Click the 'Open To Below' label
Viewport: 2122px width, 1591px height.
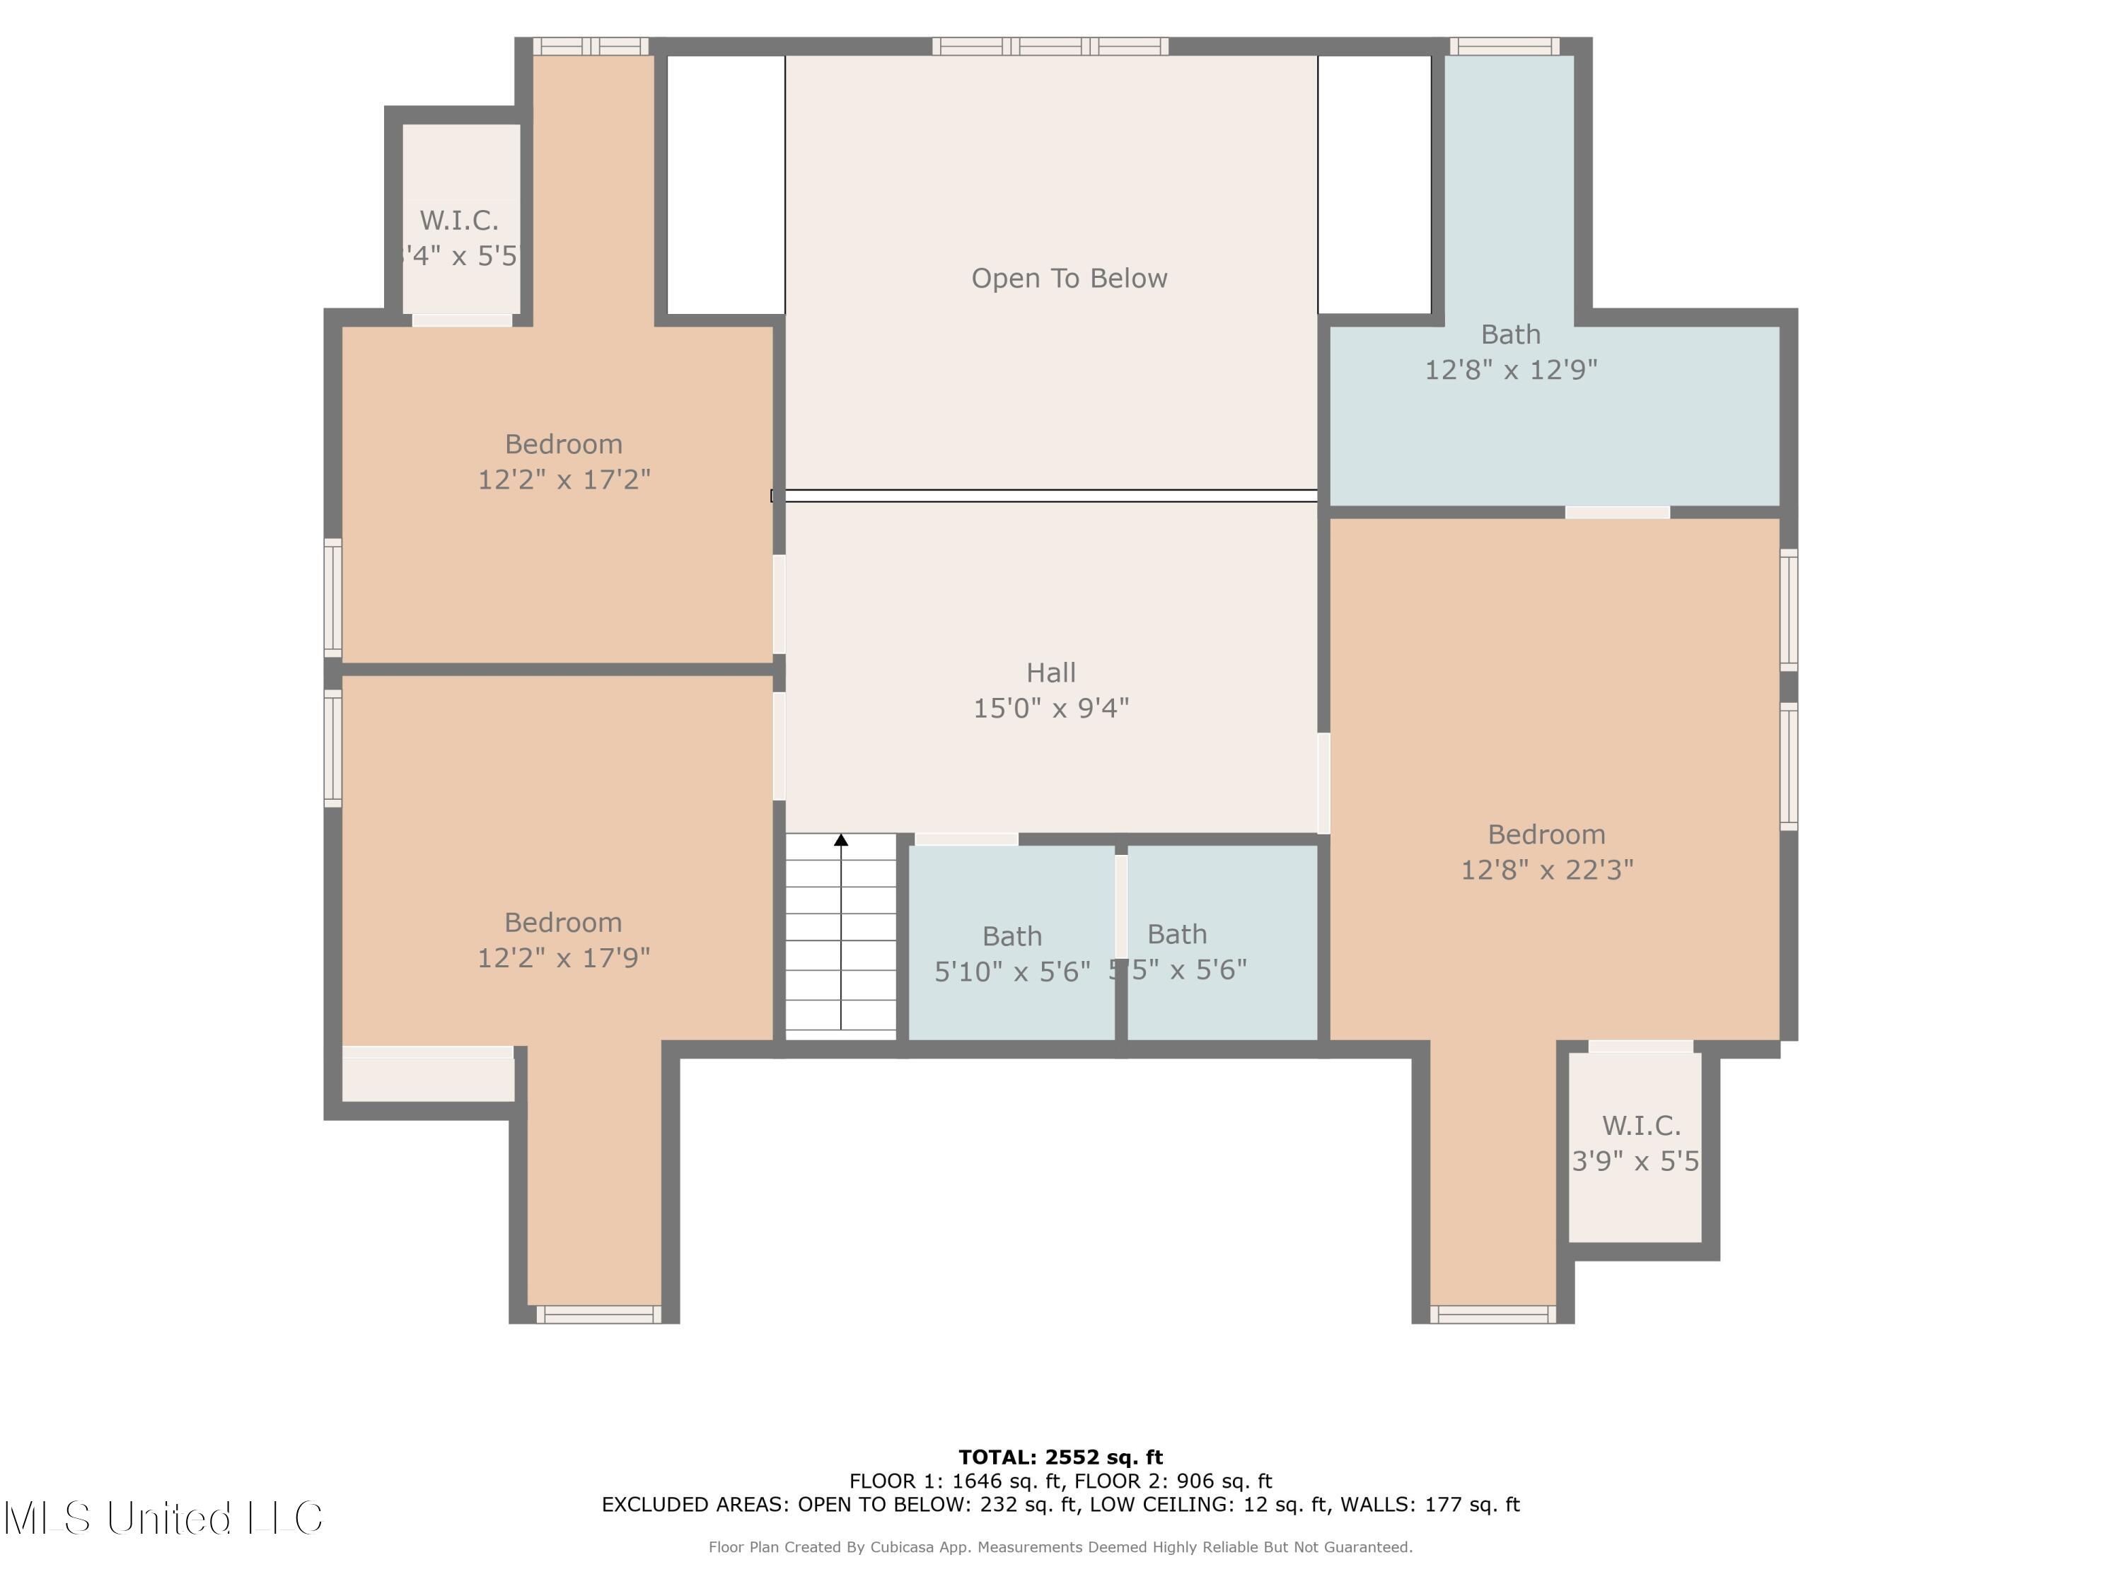(x=1069, y=278)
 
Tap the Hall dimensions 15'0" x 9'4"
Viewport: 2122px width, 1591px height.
(x=1050, y=708)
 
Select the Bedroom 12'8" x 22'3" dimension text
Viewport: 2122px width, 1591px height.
(x=1546, y=869)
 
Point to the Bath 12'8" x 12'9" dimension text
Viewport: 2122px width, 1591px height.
(x=1510, y=369)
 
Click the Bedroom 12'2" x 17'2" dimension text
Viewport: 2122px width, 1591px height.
(x=564, y=479)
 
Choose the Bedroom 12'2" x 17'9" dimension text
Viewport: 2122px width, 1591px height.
(x=563, y=957)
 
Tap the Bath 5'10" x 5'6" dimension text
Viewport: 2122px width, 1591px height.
(x=1012, y=972)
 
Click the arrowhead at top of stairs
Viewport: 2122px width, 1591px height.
(x=841, y=840)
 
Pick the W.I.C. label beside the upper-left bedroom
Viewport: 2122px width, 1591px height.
(x=458, y=221)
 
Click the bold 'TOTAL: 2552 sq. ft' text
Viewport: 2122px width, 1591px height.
(x=1060, y=1457)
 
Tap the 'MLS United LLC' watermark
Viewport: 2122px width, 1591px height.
(x=163, y=1518)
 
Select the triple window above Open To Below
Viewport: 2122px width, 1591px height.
(x=1050, y=46)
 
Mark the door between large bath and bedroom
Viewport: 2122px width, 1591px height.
(x=1618, y=512)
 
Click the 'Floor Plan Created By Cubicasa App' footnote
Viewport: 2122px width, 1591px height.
(x=1060, y=1547)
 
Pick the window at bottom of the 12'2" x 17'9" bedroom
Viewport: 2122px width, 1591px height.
(x=598, y=1314)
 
